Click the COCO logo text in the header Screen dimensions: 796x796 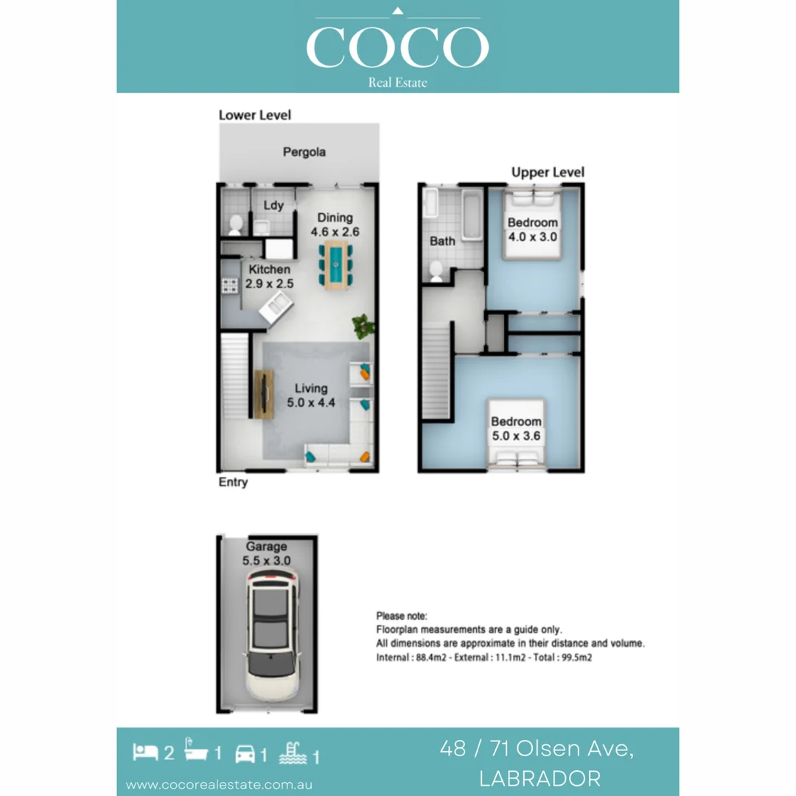397,47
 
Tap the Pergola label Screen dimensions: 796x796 304,153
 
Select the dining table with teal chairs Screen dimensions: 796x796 335,263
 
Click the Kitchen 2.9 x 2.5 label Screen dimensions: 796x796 269,276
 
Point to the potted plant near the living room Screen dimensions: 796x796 363,326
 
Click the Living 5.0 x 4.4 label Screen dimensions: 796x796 311,396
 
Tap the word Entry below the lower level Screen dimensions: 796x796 233,482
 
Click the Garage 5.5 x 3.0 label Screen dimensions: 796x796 267,554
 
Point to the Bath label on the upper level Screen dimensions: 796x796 442,241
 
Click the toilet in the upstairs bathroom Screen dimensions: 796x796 436,271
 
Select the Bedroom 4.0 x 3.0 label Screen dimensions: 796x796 532,230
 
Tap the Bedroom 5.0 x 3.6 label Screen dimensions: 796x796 516,428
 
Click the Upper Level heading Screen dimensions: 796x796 548,172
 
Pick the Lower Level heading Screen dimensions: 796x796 255,115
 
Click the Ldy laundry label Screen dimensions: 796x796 273,206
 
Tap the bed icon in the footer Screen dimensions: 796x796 144,753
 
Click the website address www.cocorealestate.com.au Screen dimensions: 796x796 219,784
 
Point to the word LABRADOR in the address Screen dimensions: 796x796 539,778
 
